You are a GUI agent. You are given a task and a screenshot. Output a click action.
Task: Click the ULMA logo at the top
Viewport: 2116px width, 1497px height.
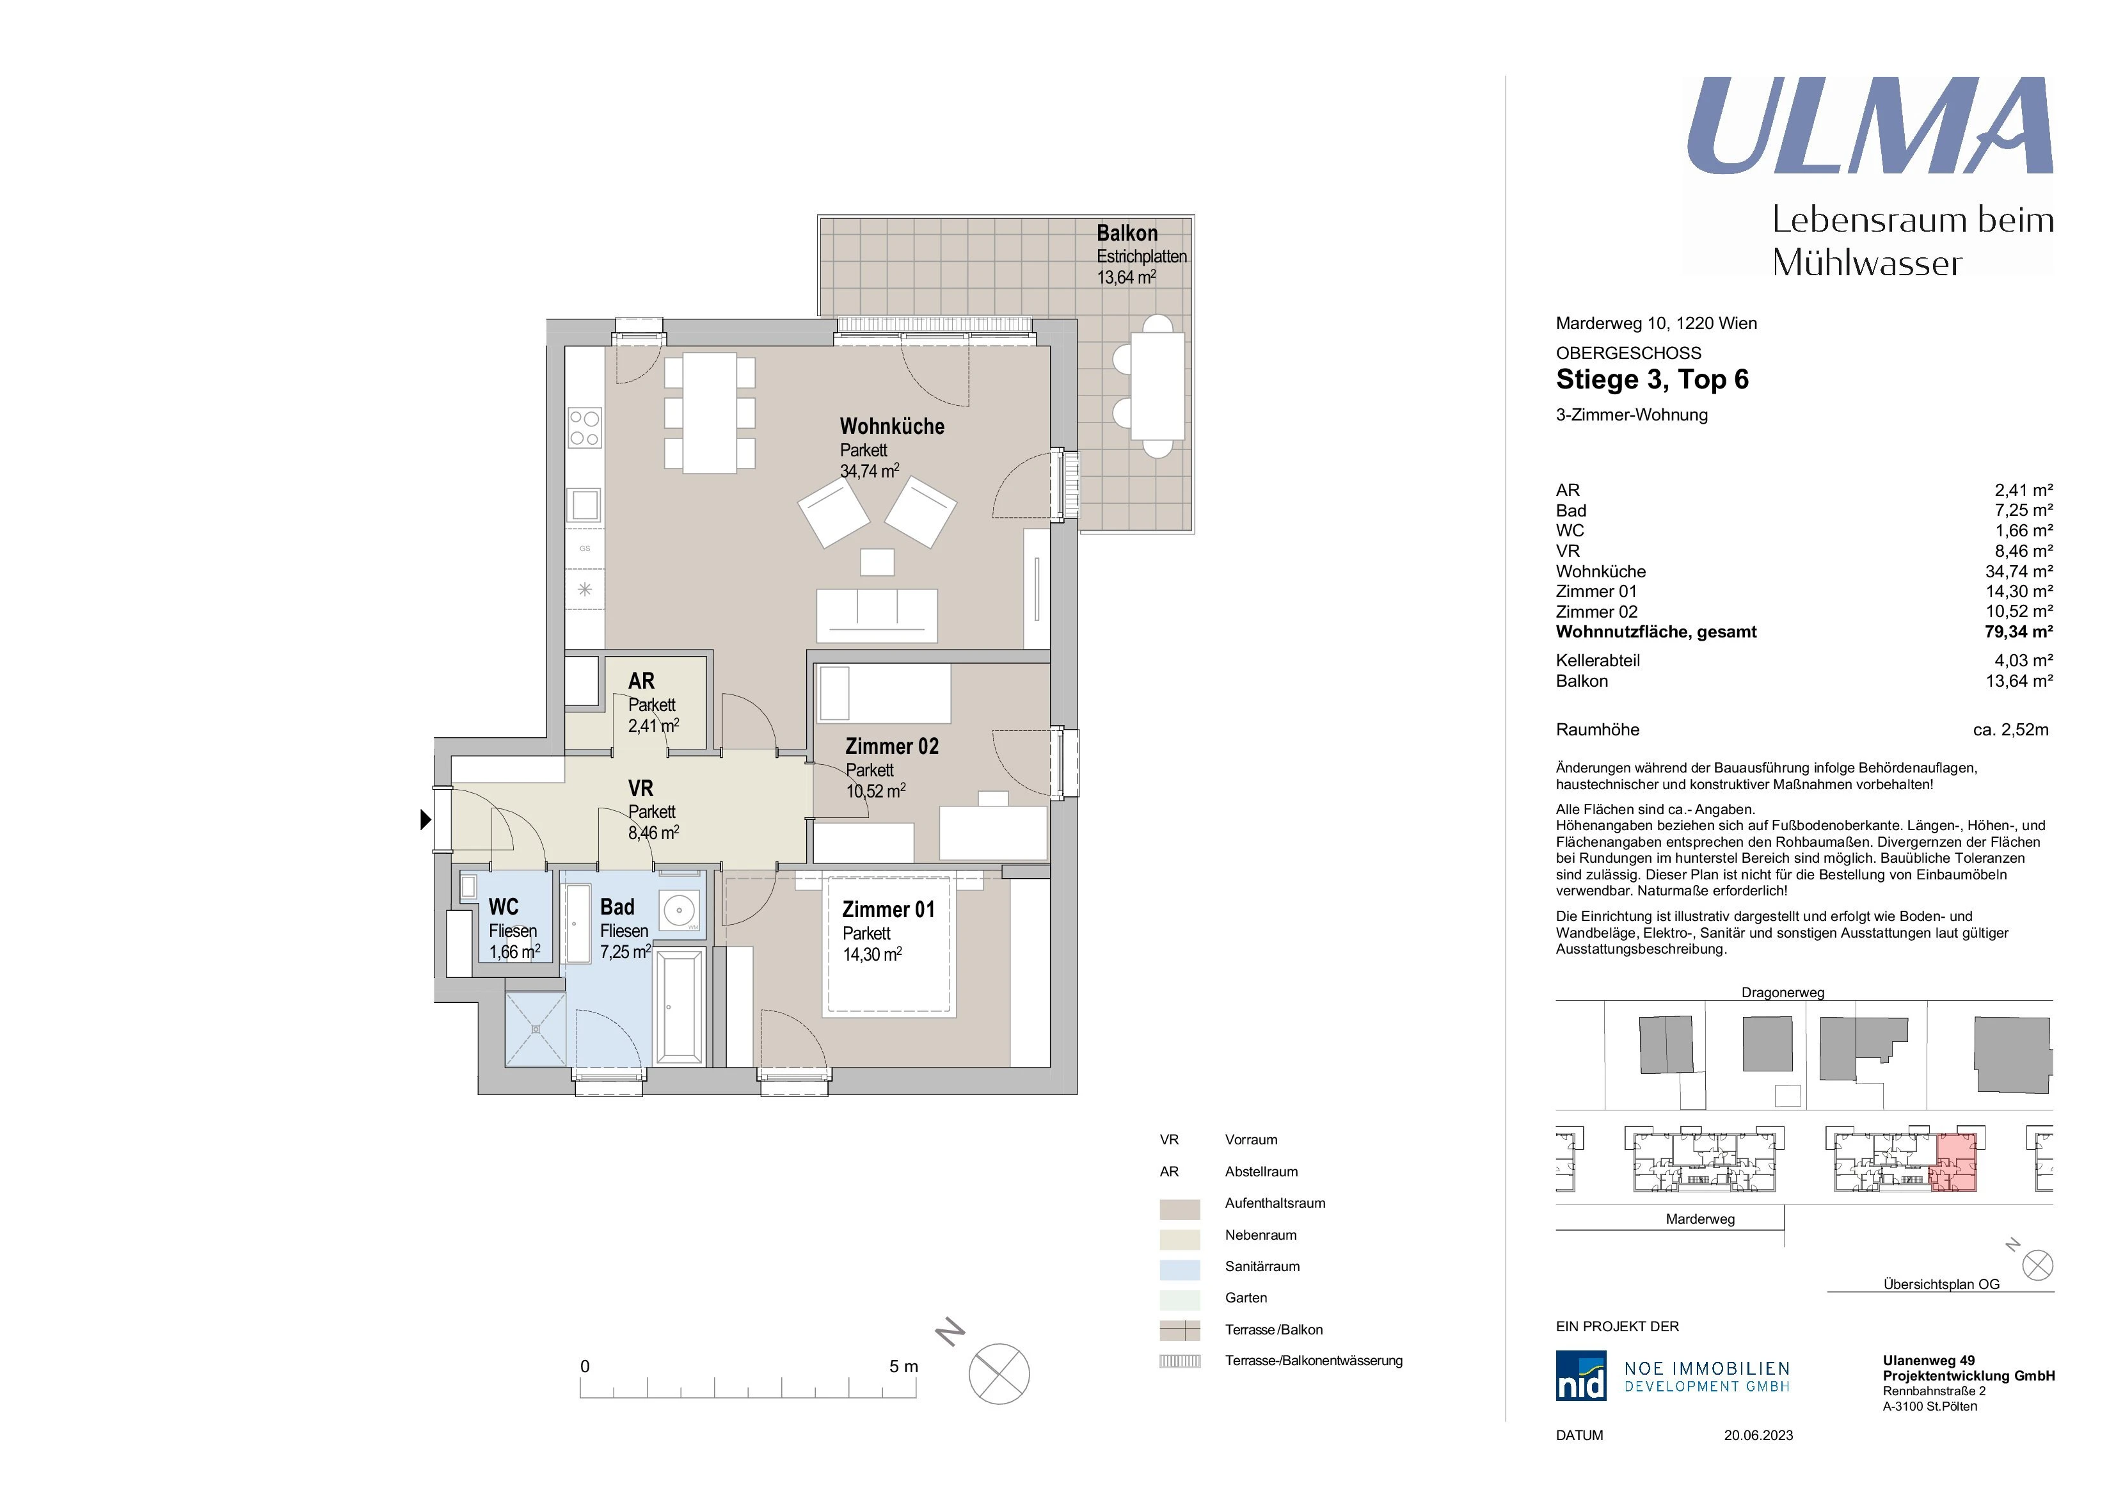click(x=1869, y=126)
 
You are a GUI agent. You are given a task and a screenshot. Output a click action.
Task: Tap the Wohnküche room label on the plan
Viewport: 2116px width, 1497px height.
click(x=891, y=427)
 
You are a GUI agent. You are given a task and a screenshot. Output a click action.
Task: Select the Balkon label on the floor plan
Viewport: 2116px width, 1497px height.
click(x=1126, y=233)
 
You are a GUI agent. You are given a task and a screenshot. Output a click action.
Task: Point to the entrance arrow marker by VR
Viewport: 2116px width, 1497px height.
click(x=425, y=819)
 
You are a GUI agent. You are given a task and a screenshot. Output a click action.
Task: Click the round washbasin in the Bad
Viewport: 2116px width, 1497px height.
click(x=680, y=911)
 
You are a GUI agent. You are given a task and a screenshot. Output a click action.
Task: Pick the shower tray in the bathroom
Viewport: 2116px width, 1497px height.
click(x=536, y=1029)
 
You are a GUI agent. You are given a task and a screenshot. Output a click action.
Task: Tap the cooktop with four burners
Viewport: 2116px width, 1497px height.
click(x=584, y=428)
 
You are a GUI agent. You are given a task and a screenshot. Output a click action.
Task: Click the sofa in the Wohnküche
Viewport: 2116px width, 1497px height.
click(x=877, y=615)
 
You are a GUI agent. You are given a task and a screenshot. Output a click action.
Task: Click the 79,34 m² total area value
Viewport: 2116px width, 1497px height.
click(x=2018, y=632)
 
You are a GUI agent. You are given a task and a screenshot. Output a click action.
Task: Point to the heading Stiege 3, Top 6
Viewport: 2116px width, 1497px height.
click(x=1651, y=380)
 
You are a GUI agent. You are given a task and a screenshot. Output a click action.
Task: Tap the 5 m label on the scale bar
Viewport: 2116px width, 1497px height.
click(x=903, y=1366)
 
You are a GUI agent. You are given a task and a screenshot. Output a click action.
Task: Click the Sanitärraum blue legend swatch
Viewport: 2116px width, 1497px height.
click(x=1180, y=1269)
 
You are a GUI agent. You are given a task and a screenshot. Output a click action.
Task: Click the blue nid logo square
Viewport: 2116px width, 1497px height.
click(x=1580, y=1375)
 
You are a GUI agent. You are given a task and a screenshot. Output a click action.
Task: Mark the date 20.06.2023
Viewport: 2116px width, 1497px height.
click(x=1758, y=1436)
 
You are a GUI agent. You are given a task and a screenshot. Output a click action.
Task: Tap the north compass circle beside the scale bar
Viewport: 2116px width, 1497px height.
click(x=999, y=1373)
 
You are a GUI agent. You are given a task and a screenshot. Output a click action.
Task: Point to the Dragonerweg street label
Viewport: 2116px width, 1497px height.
click(x=1783, y=993)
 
